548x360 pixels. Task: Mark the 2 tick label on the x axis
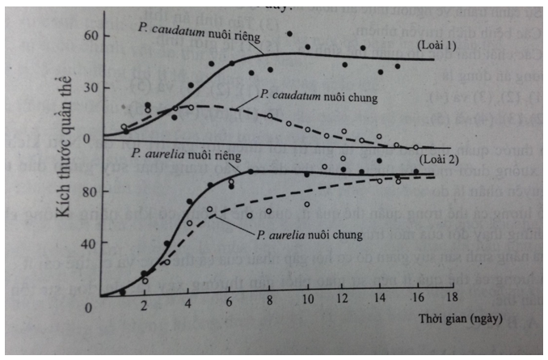tap(145, 307)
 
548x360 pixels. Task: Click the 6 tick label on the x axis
tap(230, 305)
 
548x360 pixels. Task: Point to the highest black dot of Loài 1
tap(289, 34)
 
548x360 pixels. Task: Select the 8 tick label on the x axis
tap(268, 305)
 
